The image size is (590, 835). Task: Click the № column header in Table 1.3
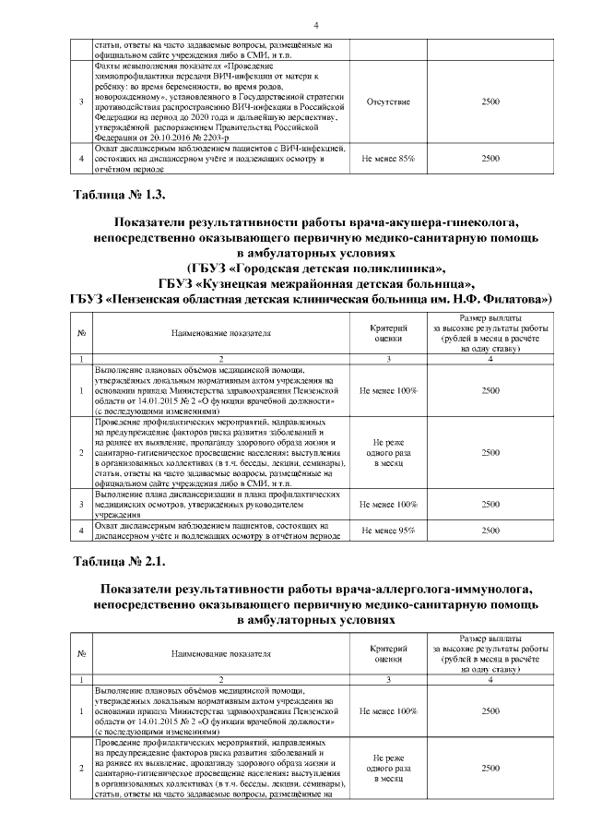point(81,333)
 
